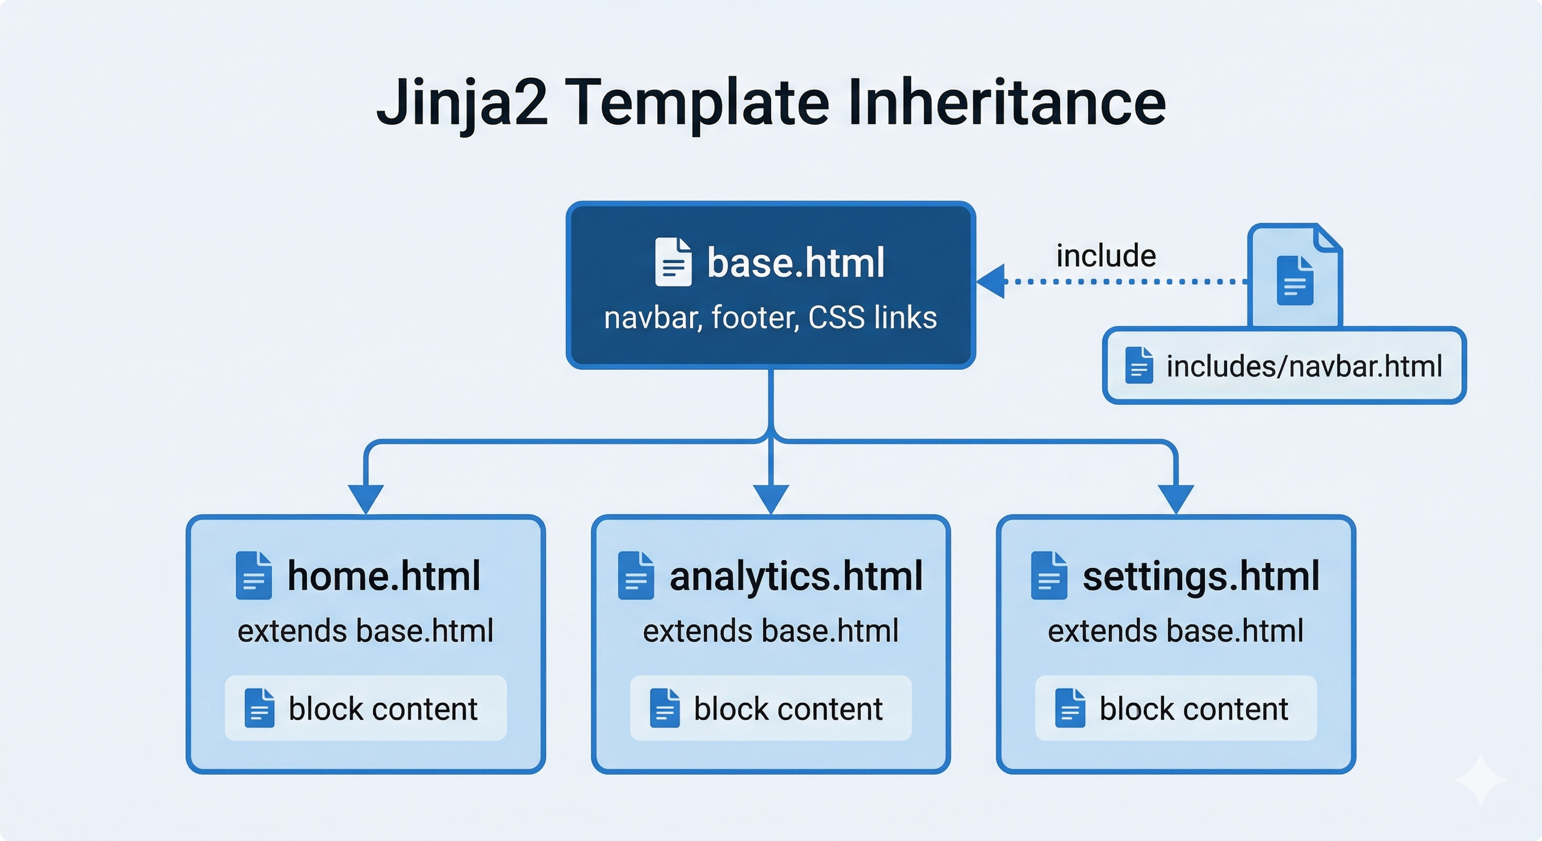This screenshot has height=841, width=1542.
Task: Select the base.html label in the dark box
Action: click(796, 263)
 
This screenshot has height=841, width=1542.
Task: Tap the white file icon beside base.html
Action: click(673, 262)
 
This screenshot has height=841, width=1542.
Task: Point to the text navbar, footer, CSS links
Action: click(770, 318)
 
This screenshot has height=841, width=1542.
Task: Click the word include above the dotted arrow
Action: click(1106, 256)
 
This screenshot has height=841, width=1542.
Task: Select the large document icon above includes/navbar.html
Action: click(1295, 278)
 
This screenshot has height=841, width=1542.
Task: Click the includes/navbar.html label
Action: click(1304, 366)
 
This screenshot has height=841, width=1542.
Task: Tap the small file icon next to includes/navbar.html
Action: click(1138, 365)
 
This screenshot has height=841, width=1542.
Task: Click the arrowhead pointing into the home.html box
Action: click(366, 499)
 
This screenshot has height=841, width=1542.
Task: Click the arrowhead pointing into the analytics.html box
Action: click(771, 499)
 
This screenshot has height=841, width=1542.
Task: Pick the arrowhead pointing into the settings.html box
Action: click(1176, 499)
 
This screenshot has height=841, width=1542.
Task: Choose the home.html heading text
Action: click(384, 576)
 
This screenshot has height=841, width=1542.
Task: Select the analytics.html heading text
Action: click(796, 576)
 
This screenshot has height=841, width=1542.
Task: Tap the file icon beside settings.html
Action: click(1049, 576)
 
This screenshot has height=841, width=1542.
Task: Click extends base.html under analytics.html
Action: click(770, 631)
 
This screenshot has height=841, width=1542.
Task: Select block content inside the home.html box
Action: click(383, 709)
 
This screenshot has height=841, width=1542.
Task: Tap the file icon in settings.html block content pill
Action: click(1069, 708)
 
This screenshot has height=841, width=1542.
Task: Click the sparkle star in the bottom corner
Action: click(1480, 779)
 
